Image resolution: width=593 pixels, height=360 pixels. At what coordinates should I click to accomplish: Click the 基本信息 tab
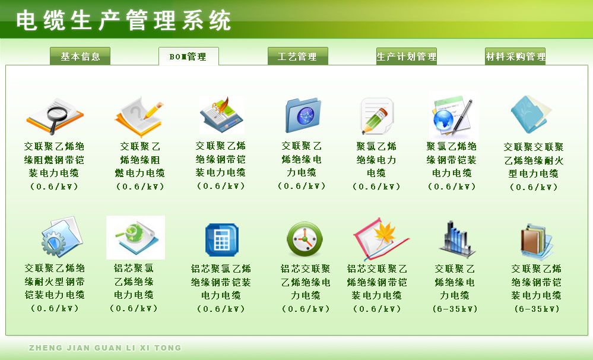[80, 56]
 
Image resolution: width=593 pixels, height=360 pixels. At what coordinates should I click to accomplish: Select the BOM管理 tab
[188, 56]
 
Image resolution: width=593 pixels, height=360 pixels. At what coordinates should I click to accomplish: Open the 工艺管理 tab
[297, 56]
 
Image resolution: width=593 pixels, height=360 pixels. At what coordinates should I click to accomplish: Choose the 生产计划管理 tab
[407, 56]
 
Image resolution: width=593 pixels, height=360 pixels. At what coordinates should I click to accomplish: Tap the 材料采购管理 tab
[515, 56]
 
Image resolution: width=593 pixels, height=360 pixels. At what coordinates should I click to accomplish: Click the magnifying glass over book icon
[55, 116]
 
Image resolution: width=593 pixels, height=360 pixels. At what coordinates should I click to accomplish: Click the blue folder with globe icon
[303, 115]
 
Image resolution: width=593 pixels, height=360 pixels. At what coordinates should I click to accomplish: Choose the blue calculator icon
[221, 240]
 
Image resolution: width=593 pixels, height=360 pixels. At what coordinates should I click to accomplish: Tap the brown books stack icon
[536, 241]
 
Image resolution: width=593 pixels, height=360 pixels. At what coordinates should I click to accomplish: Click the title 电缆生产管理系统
[123, 20]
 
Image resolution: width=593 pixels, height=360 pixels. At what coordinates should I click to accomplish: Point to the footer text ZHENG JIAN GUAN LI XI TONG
[105, 348]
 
